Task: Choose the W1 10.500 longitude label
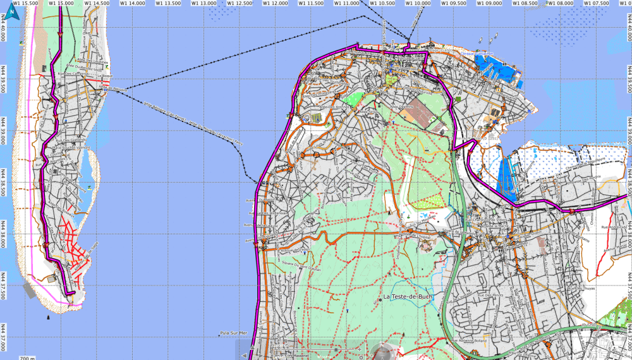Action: pyautogui.click(x=382, y=3)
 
